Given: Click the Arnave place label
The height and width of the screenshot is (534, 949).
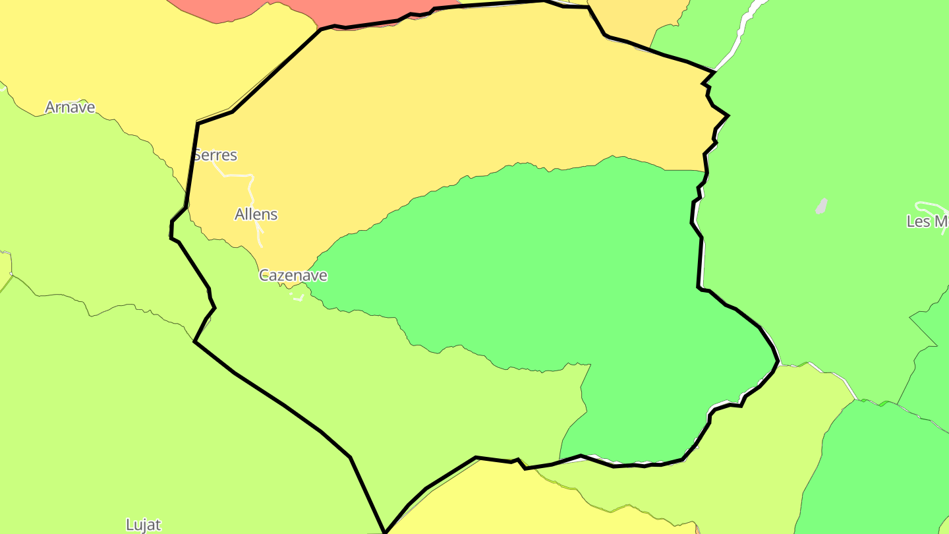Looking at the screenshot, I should (70, 107).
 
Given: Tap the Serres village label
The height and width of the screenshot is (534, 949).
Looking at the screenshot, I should (215, 155).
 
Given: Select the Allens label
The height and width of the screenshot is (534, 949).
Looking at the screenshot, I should (256, 214).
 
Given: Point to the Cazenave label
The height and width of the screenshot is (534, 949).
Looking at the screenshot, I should (293, 276).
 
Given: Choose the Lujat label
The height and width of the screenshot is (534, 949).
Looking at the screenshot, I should (143, 525).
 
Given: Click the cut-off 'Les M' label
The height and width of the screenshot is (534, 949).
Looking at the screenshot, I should (927, 222).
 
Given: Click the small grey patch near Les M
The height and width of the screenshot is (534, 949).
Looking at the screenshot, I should (821, 206).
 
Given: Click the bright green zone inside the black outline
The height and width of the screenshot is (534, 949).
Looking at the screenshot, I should (560, 264).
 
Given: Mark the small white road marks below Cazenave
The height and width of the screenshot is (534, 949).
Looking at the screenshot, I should (298, 298).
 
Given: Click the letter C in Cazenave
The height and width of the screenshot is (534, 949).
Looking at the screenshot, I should (264, 276).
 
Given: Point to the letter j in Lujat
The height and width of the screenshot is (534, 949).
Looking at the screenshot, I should (146, 525).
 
